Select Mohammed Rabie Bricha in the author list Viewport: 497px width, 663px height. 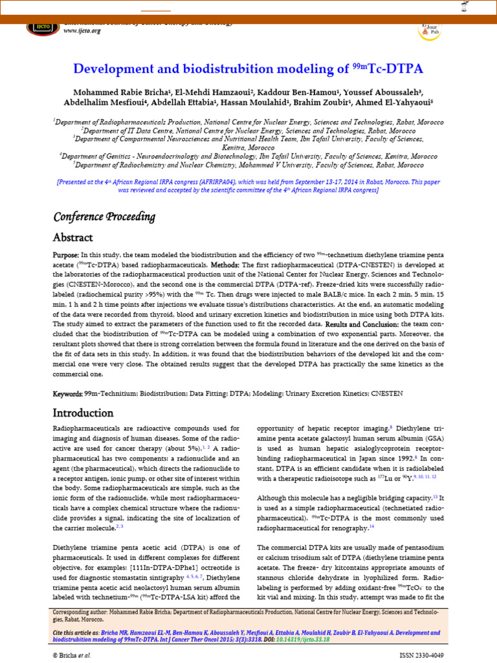coord(111,91)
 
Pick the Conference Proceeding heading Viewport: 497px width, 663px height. coord(104,216)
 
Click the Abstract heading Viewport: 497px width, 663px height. coord(72,238)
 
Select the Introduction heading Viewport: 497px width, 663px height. coord(83,413)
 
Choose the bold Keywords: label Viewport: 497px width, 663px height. coord(67,394)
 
